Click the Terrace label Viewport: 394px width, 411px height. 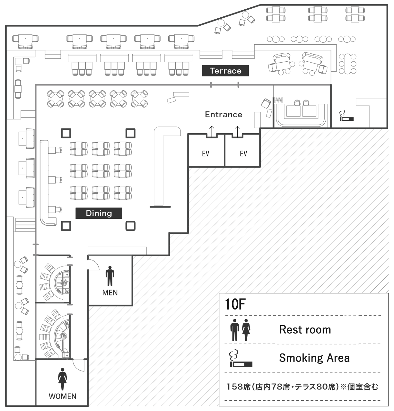[x=225, y=71]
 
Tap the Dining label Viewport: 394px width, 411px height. [x=99, y=213]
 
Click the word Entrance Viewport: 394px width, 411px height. [x=223, y=114]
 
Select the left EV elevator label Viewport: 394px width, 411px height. [x=206, y=153]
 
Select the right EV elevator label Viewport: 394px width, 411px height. [x=243, y=153]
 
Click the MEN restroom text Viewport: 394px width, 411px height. [x=110, y=293]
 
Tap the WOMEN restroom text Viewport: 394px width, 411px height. [x=63, y=396]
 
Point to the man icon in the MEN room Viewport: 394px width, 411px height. [x=110, y=276]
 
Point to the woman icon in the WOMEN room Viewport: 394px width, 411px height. [x=62, y=379]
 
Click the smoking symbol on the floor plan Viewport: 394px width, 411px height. [x=346, y=116]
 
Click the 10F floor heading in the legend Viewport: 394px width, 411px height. [x=235, y=304]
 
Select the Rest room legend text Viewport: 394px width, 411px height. [x=305, y=329]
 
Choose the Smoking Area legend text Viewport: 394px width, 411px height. [x=314, y=358]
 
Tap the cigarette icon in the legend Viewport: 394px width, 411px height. [x=241, y=359]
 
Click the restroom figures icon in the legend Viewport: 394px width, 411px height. [x=240, y=330]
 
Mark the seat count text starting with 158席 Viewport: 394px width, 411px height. [x=302, y=387]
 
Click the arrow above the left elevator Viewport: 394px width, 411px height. [x=212, y=131]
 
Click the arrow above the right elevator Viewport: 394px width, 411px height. [x=237, y=131]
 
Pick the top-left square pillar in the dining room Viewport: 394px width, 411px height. [x=66, y=133]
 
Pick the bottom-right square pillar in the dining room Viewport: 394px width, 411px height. [x=130, y=226]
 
